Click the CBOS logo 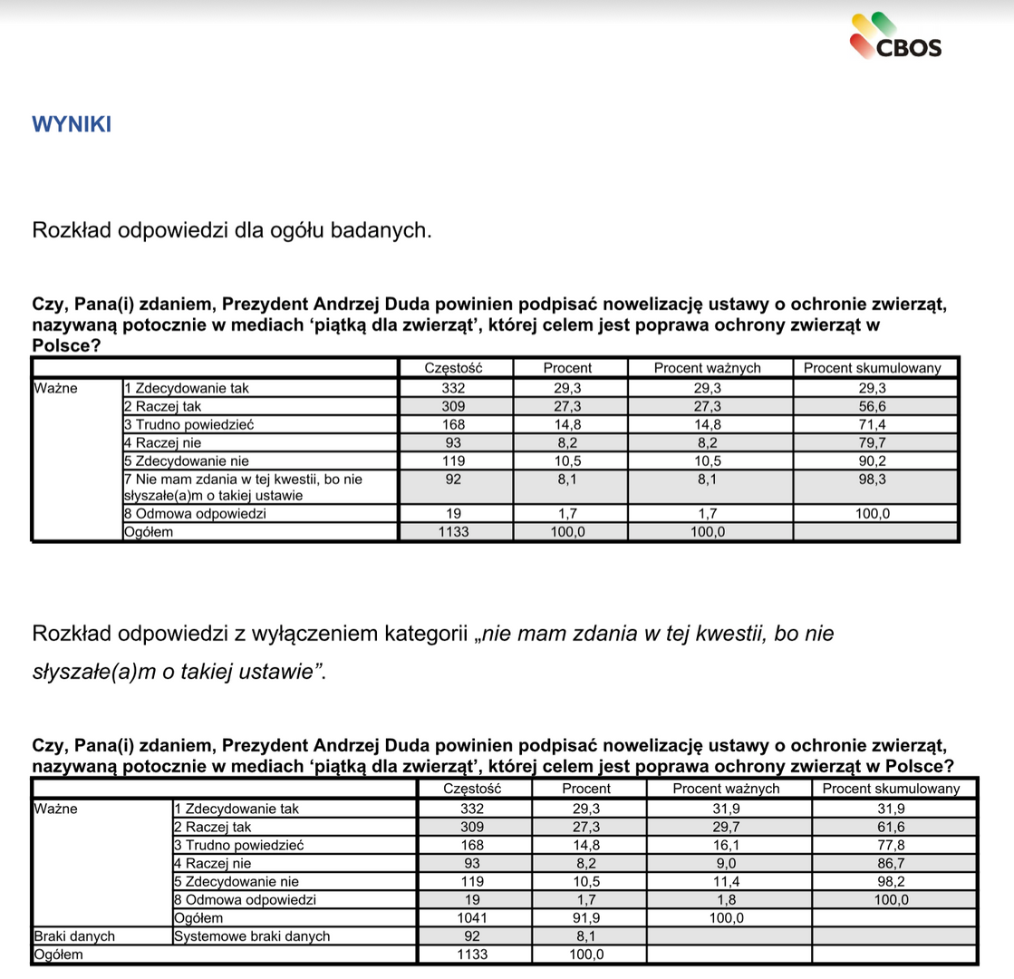895,38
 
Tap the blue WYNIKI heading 72,124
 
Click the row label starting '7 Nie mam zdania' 248,487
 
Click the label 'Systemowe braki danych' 251,936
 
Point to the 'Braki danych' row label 73,936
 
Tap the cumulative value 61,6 891,827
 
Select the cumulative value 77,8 891,845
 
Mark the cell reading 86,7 891,863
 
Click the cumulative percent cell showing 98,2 891,881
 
